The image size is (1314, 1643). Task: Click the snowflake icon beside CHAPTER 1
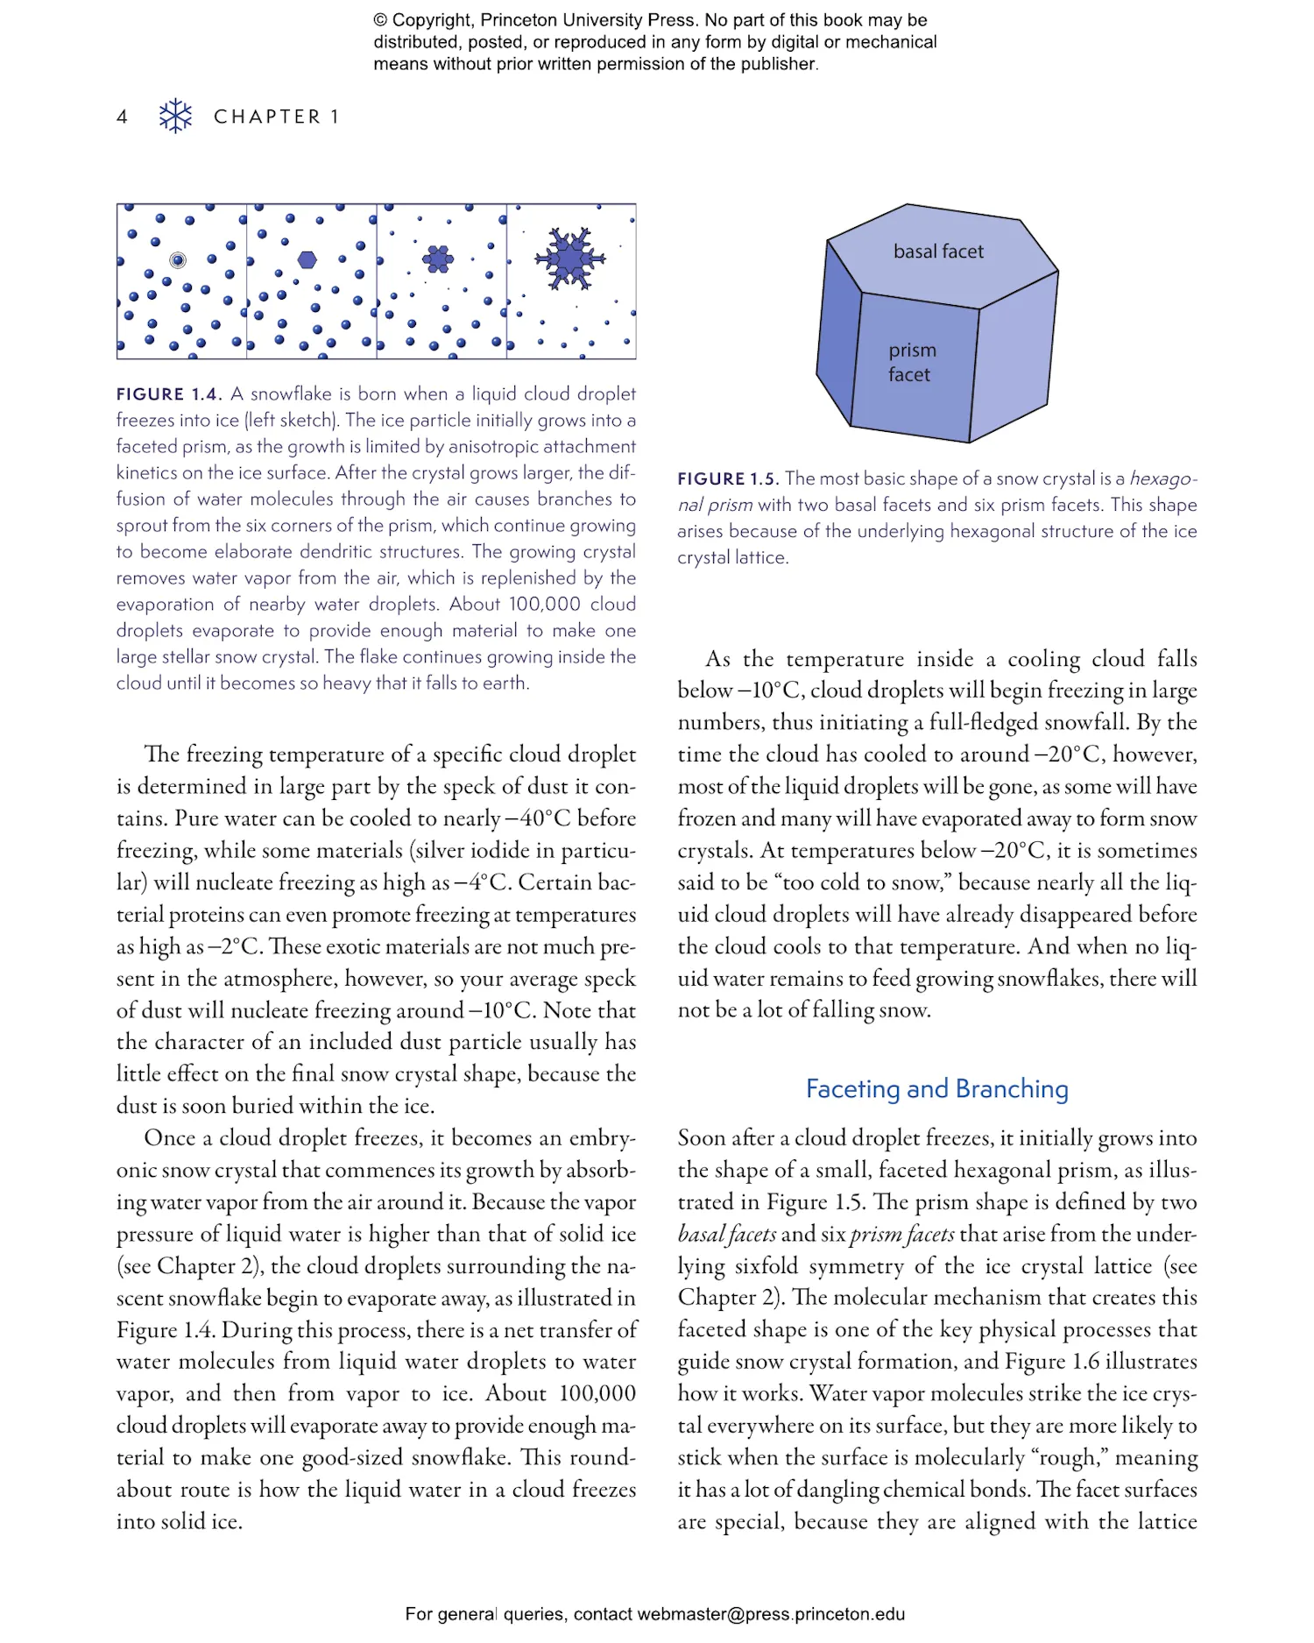click(x=175, y=116)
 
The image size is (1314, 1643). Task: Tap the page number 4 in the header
click(x=123, y=117)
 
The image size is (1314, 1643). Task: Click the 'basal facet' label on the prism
click(x=938, y=251)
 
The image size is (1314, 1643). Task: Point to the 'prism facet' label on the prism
click(x=911, y=362)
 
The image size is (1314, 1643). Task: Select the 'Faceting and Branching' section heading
click(x=936, y=1088)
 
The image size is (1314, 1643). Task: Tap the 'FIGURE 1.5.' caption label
click(x=727, y=478)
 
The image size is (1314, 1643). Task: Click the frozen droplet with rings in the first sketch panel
click(x=178, y=259)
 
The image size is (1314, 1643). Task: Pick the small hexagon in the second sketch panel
click(x=307, y=259)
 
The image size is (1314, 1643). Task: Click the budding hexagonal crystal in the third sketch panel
click(x=438, y=258)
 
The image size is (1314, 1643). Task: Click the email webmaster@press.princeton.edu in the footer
click(x=770, y=1614)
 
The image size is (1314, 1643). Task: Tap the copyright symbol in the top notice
click(x=380, y=20)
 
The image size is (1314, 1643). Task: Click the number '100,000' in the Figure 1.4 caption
click(x=544, y=604)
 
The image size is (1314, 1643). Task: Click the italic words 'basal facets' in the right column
click(x=726, y=1234)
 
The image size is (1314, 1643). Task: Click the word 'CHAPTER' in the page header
click(x=267, y=117)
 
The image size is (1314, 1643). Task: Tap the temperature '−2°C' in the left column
click(x=232, y=946)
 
